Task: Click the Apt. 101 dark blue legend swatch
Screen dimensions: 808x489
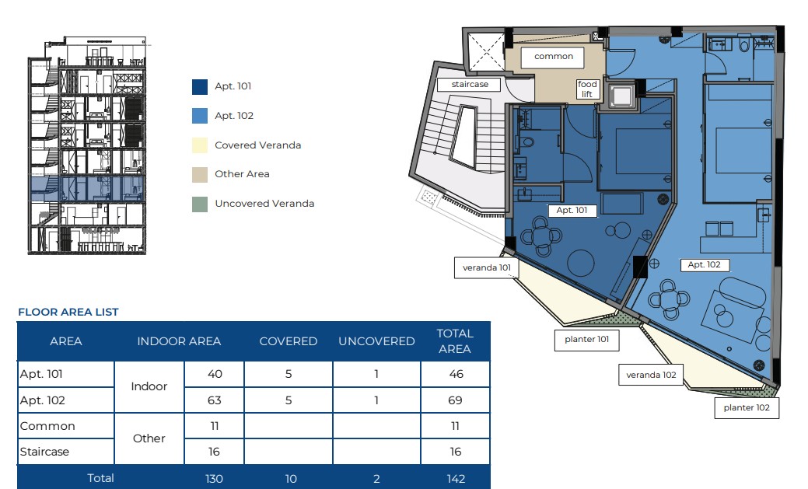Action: click(199, 86)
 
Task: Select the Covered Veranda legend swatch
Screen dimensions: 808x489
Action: click(199, 145)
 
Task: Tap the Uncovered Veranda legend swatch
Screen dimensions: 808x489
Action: click(199, 204)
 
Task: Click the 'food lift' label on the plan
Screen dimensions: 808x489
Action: click(587, 89)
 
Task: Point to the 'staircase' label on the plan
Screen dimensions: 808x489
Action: click(470, 85)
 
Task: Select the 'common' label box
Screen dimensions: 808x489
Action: click(553, 58)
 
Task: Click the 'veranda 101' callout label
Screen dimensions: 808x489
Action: click(487, 268)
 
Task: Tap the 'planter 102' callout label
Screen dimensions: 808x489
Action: click(747, 408)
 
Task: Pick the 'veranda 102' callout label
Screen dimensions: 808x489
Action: click(651, 375)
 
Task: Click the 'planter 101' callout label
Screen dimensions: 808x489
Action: click(586, 340)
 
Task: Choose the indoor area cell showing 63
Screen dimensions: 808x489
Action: click(215, 400)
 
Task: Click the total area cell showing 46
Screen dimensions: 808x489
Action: click(456, 374)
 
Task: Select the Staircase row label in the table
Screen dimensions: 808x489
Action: click(44, 452)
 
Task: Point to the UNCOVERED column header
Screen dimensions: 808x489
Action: click(376, 341)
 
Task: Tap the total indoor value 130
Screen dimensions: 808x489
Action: click(214, 479)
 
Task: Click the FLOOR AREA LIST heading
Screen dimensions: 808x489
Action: click(68, 312)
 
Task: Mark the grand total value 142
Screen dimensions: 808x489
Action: click(456, 479)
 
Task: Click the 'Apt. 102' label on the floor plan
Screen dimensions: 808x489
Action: click(704, 265)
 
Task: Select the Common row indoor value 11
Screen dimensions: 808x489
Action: click(215, 426)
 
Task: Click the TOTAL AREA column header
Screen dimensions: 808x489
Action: click(455, 341)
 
